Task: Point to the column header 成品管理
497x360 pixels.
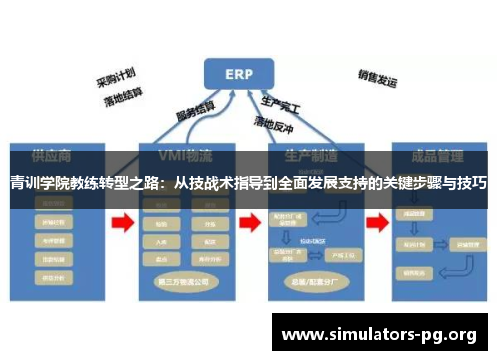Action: pos(427,157)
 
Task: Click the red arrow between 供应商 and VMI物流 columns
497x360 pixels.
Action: pos(123,225)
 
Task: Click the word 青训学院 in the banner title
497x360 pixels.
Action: pos(37,183)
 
